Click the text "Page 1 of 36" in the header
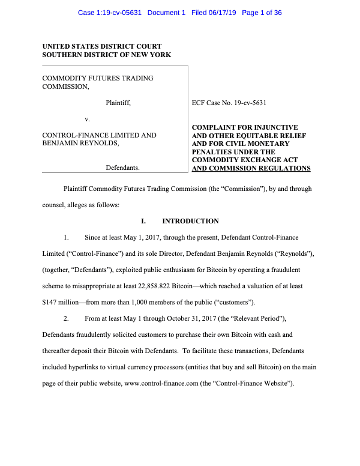(262, 13)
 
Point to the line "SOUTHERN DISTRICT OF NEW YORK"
(106, 55)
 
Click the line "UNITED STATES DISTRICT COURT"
(101, 46)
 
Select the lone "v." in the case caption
(87, 120)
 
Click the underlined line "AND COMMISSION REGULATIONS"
(251, 169)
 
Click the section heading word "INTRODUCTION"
(190, 222)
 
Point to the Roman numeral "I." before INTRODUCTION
(143, 222)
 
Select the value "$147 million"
(61, 301)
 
